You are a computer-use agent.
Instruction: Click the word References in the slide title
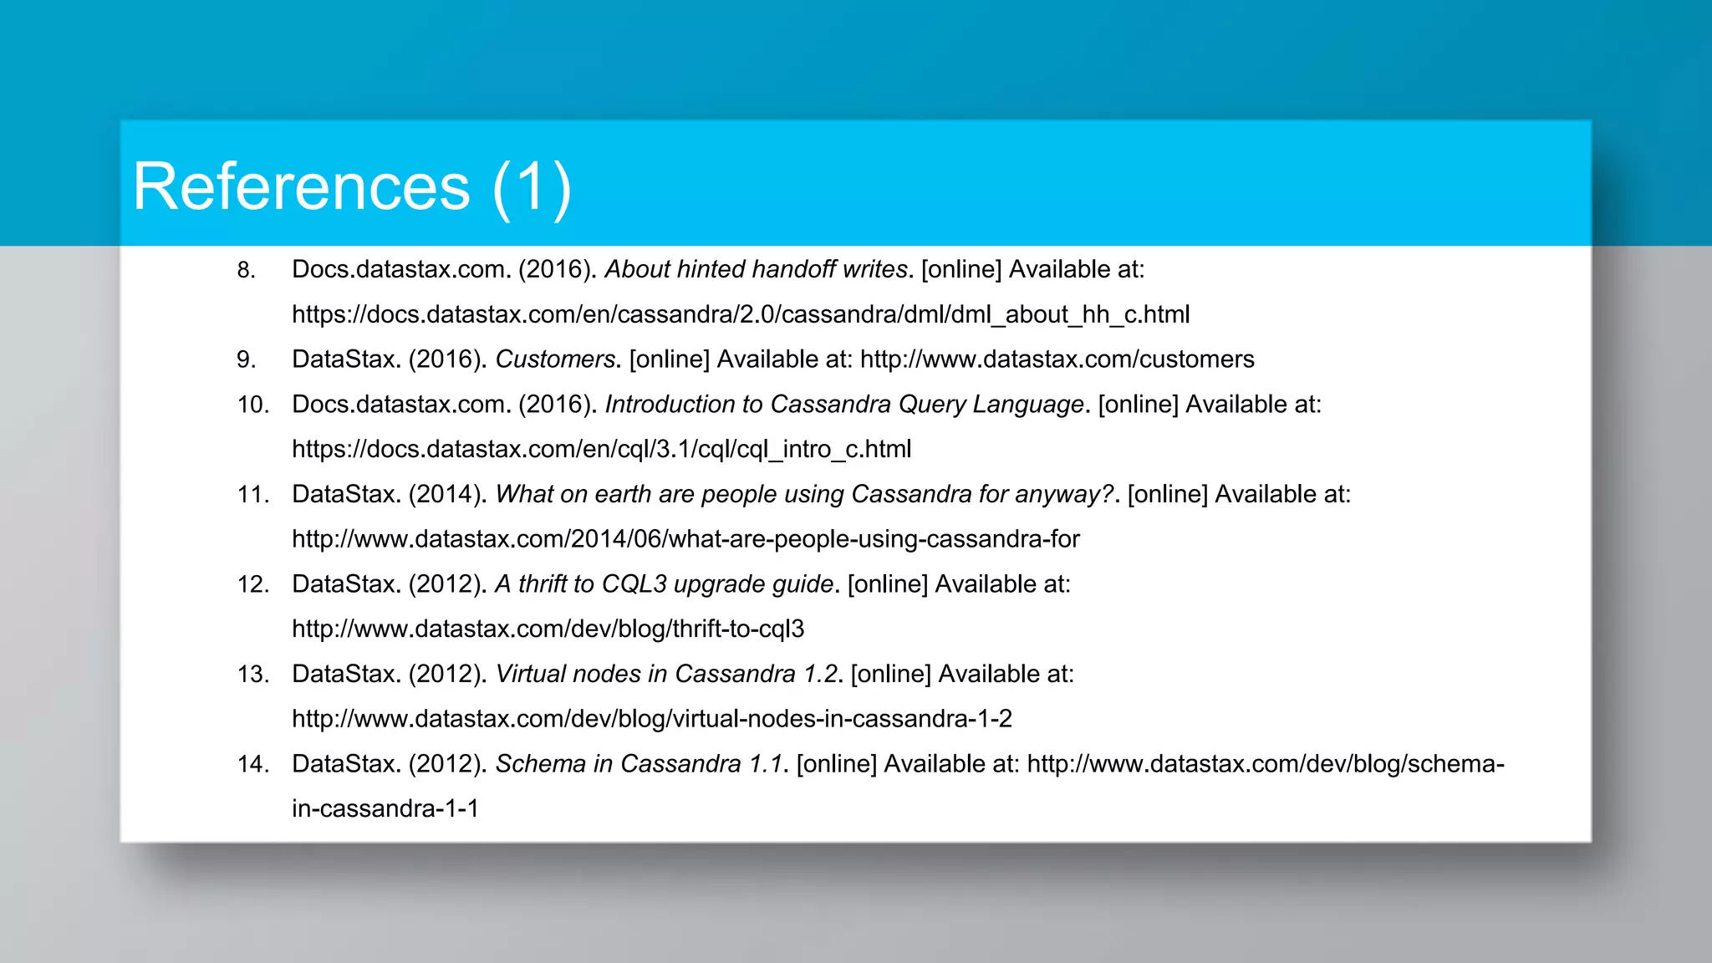301,186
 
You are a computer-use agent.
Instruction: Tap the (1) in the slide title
532,188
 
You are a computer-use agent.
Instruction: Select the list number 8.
246,270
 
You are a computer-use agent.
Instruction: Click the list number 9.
246,359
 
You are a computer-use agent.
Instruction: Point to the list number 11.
252,494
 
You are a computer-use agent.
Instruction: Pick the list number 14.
252,764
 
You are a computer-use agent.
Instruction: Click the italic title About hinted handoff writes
756,269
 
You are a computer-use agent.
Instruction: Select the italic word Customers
555,359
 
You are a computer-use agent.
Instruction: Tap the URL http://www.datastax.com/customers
1057,359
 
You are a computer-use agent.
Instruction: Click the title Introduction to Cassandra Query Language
844,405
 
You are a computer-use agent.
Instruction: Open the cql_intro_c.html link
601,450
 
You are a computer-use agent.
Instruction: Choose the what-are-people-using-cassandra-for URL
685,539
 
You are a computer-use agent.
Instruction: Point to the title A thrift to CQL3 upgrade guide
665,584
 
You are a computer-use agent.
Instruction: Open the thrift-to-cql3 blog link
548,629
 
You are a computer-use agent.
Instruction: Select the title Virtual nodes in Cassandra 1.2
666,674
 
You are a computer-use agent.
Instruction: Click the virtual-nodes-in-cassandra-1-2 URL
651,719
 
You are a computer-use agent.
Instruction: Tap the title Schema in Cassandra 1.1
639,764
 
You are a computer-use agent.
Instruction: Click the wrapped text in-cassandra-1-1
385,809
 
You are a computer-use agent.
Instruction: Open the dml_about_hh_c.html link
740,315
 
